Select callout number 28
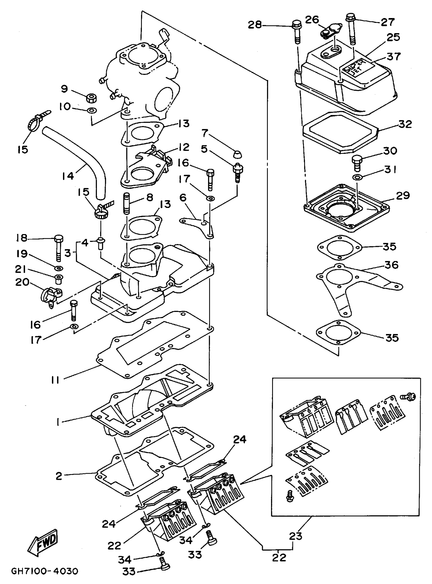(255, 25)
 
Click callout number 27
(387, 22)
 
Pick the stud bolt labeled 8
(126, 203)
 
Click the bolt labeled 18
(58, 247)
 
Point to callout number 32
(405, 124)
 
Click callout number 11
(55, 380)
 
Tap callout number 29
(403, 196)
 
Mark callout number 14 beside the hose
(68, 176)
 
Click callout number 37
(394, 56)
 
